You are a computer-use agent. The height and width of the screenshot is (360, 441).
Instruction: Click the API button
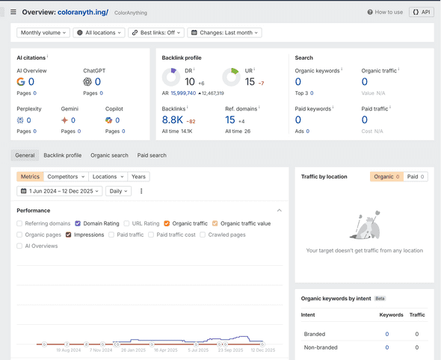tap(422, 12)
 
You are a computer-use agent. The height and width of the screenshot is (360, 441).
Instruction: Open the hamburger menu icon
tap(13, 12)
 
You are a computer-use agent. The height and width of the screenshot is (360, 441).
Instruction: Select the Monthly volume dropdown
tap(43, 33)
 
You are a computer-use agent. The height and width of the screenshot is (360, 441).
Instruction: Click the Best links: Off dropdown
tap(155, 33)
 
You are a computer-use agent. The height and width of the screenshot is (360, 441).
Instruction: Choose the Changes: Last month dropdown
tap(224, 33)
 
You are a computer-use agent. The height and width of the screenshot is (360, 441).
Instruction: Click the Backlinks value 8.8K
tap(173, 120)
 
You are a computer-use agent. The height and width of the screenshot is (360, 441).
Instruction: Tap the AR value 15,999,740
tap(183, 93)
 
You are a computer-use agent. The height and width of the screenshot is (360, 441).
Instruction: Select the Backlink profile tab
tap(63, 155)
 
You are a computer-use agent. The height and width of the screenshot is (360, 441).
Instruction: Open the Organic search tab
tap(109, 155)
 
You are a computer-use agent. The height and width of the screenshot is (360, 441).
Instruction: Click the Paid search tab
tap(152, 155)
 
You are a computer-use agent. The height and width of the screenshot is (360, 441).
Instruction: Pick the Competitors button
tap(65, 177)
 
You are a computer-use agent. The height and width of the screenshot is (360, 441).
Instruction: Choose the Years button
tap(138, 177)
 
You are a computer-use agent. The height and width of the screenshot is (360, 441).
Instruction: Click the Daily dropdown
tap(118, 191)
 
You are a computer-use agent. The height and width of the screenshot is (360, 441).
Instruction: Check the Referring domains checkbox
tap(20, 223)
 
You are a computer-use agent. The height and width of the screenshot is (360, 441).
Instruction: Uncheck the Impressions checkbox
tap(69, 235)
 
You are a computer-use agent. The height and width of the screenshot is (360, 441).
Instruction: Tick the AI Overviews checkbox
tap(20, 246)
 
